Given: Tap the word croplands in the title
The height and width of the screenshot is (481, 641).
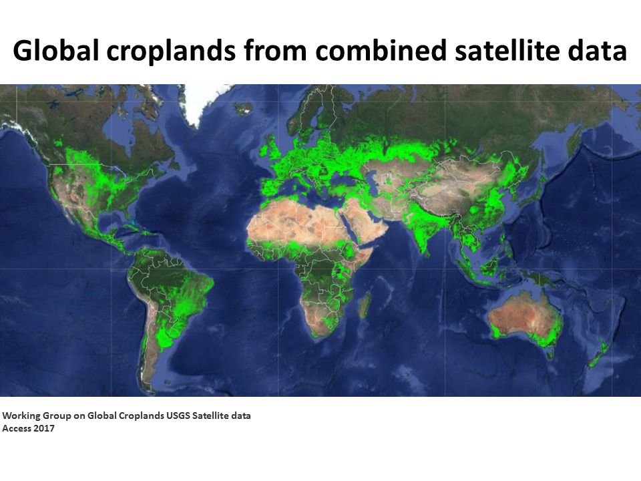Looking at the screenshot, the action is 172,51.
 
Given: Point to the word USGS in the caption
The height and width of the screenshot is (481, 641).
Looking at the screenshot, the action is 178,416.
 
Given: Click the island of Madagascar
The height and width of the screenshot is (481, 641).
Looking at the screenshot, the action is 364,305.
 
